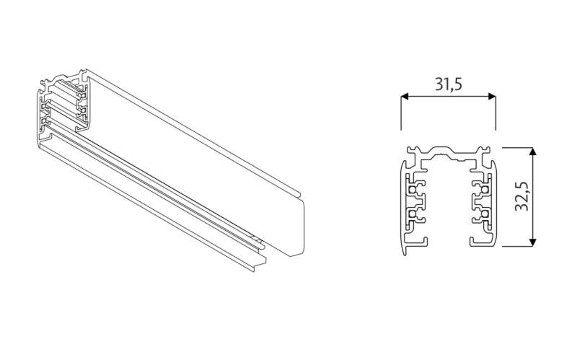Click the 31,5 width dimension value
pyautogui.click(x=448, y=84)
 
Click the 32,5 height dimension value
pyautogui.click(x=521, y=196)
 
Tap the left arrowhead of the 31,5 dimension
pyautogui.click(x=405, y=97)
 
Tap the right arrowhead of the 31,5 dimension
pyautogui.click(x=492, y=97)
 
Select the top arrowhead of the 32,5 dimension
pyautogui.click(x=532, y=152)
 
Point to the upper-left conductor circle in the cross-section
pyautogui.click(x=413, y=190)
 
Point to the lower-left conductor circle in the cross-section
pyautogui.click(x=413, y=214)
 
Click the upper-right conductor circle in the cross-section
pyautogui.click(x=484, y=190)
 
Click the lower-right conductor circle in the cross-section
pyautogui.click(x=484, y=214)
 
